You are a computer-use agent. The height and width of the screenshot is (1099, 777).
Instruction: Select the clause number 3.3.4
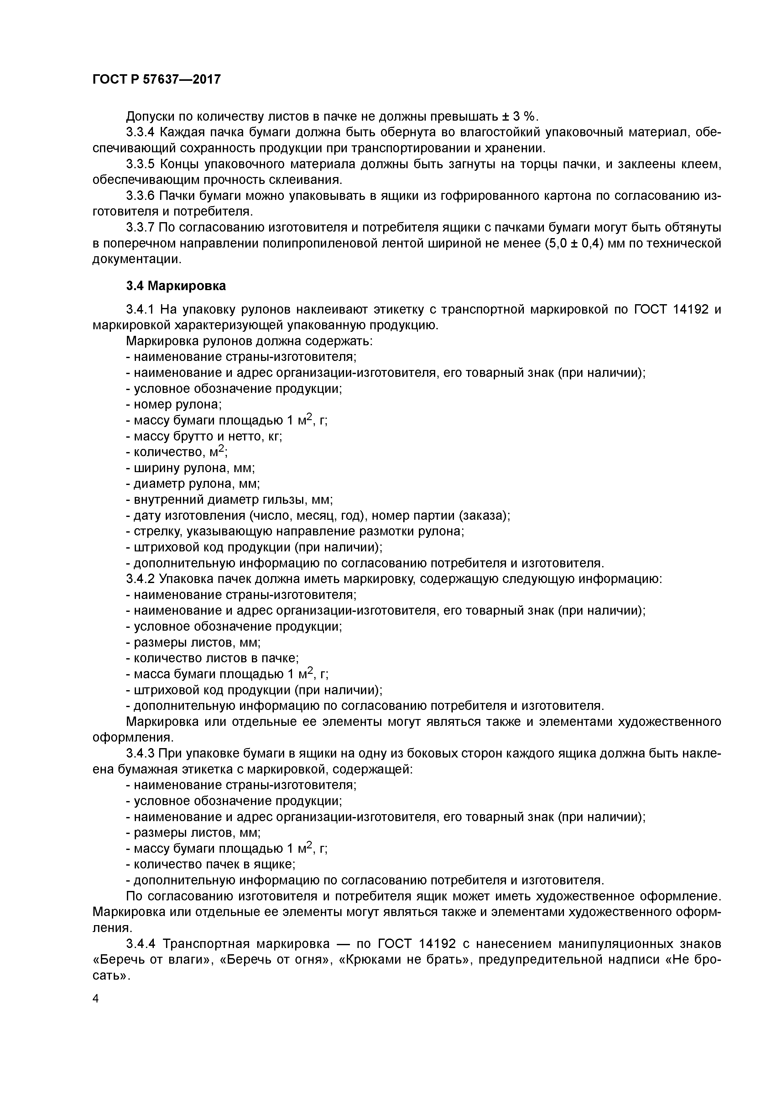140,132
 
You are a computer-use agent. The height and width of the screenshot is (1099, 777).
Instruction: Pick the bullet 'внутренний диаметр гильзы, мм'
229,500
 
